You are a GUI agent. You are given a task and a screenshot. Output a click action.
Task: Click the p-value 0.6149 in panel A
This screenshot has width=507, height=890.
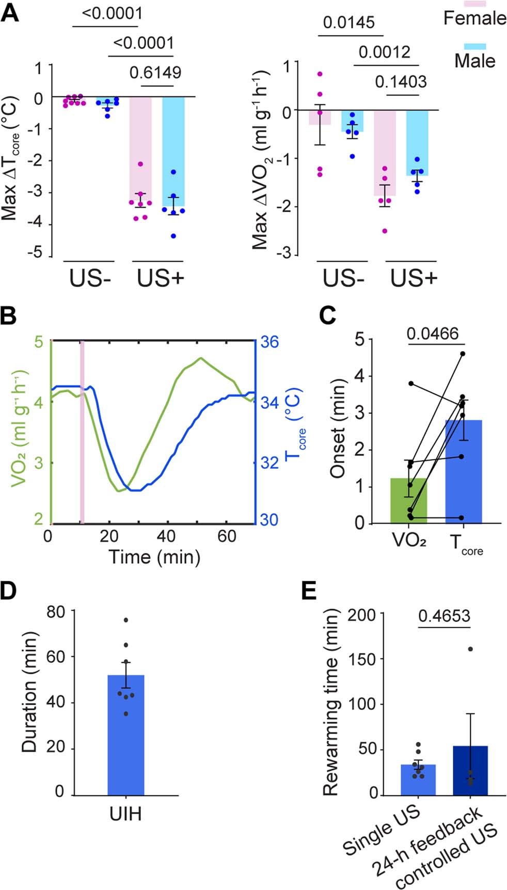(x=155, y=73)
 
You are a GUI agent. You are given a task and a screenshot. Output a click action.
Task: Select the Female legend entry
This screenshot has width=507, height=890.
(x=474, y=18)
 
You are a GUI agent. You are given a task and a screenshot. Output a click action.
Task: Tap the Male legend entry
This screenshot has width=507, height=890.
(x=474, y=60)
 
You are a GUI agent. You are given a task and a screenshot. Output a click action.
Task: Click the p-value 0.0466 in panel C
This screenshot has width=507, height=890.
(x=432, y=334)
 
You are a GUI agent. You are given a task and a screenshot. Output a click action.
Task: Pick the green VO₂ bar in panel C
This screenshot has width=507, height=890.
(x=409, y=501)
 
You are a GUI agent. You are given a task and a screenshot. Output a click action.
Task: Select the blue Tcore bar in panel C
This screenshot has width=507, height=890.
(x=463, y=472)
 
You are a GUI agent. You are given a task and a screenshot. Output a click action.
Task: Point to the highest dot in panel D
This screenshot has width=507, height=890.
(x=125, y=619)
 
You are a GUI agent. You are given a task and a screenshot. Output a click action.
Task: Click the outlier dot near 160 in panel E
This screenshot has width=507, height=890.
(x=470, y=649)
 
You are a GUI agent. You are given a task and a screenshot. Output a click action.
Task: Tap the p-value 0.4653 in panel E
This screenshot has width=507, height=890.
(x=444, y=616)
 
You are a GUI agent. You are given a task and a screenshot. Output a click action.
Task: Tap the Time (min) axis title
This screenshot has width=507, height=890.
(x=154, y=557)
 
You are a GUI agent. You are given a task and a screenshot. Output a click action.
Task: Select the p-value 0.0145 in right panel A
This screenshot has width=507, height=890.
(x=349, y=23)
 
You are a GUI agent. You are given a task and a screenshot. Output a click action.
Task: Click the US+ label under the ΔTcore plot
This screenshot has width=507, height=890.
(x=160, y=279)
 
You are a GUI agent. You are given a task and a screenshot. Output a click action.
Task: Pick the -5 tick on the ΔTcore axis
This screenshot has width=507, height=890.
(x=39, y=253)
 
